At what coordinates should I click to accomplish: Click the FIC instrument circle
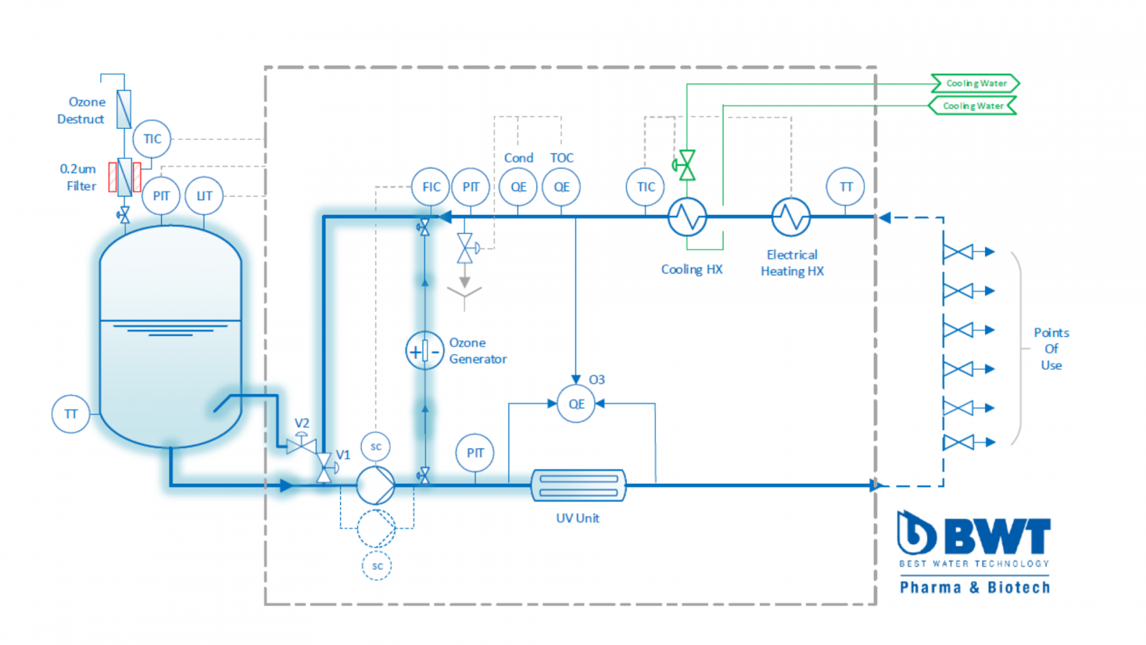click(430, 187)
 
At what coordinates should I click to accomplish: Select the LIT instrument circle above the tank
click(204, 196)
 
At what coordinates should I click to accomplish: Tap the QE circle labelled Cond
click(518, 187)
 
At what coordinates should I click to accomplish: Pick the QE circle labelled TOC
click(562, 187)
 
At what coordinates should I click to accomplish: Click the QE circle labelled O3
click(576, 404)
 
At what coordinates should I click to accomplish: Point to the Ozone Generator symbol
click(425, 351)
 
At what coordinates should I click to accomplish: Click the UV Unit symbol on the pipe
click(578, 485)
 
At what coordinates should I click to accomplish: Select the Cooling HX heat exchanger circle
click(687, 216)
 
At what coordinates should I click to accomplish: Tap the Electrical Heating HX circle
click(791, 216)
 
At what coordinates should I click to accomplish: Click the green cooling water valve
click(687, 166)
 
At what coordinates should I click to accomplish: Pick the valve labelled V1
click(324, 467)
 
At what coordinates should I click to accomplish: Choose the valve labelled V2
click(302, 445)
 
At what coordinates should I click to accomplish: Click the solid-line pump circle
click(375, 485)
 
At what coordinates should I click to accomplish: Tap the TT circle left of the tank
click(71, 414)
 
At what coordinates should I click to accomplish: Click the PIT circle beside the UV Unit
click(475, 453)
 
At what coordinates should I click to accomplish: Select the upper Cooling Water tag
click(976, 83)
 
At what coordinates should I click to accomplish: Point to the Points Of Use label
click(1051, 349)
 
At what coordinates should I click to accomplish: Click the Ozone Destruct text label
click(82, 110)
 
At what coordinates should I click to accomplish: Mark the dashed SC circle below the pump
click(377, 566)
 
